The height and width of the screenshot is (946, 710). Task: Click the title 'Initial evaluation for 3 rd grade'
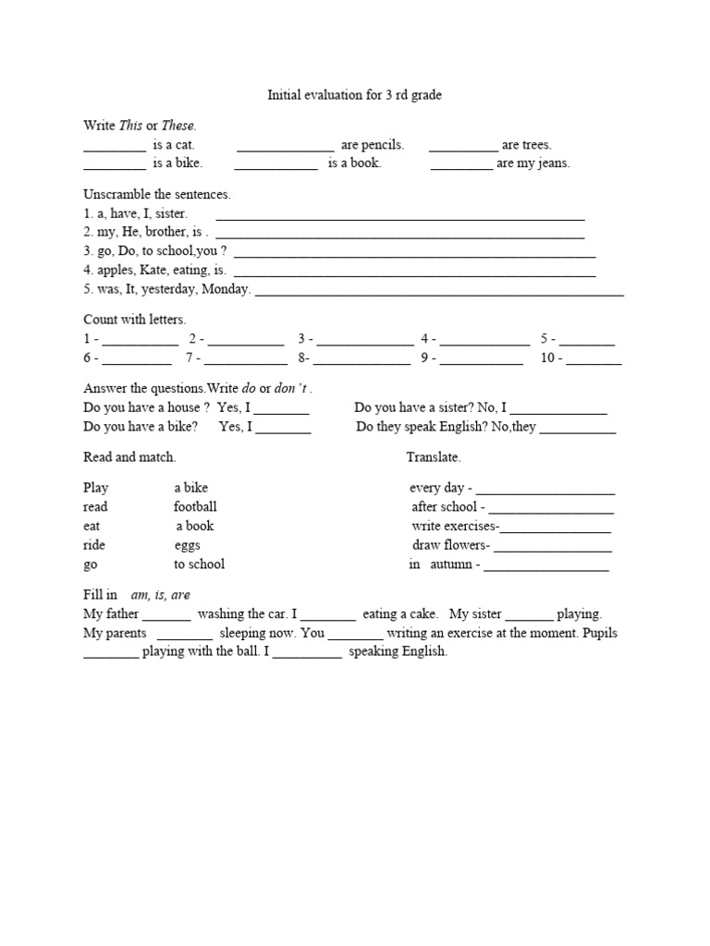[355, 95]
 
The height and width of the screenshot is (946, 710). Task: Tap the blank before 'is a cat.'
[114, 146]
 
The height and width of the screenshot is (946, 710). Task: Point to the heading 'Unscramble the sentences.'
[157, 195]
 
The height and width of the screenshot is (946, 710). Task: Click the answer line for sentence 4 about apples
[416, 273]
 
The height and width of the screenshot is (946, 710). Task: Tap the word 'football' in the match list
[195, 506]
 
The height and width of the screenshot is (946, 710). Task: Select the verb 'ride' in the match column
[93, 545]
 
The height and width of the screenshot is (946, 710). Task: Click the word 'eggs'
[187, 545]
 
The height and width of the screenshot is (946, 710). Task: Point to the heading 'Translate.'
[433, 457]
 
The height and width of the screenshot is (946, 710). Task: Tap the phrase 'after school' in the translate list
[445, 506]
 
